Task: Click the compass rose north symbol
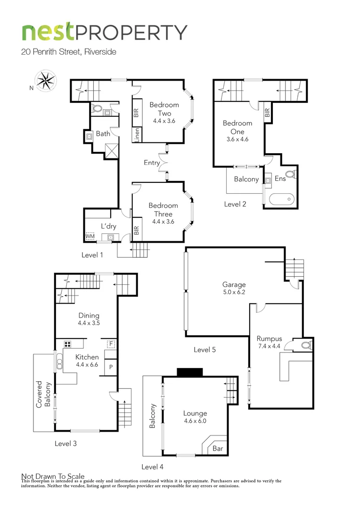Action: click(x=46, y=80)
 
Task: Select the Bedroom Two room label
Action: click(x=164, y=109)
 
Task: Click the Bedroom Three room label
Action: click(x=163, y=210)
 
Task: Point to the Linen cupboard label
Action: click(x=137, y=134)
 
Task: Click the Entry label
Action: click(x=152, y=163)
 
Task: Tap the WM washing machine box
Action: click(x=90, y=236)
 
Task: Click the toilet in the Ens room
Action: click(x=291, y=174)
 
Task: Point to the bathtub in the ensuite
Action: click(x=281, y=199)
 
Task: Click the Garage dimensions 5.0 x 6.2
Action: click(x=234, y=292)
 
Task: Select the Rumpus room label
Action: click(x=269, y=338)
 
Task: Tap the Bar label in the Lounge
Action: click(x=218, y=449)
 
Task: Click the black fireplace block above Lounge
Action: click(x=189, y=372)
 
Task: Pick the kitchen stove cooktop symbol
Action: click(x=67, y=344)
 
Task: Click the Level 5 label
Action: click(x=205, y=350)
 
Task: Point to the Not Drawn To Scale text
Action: click(x=53, y=476)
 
